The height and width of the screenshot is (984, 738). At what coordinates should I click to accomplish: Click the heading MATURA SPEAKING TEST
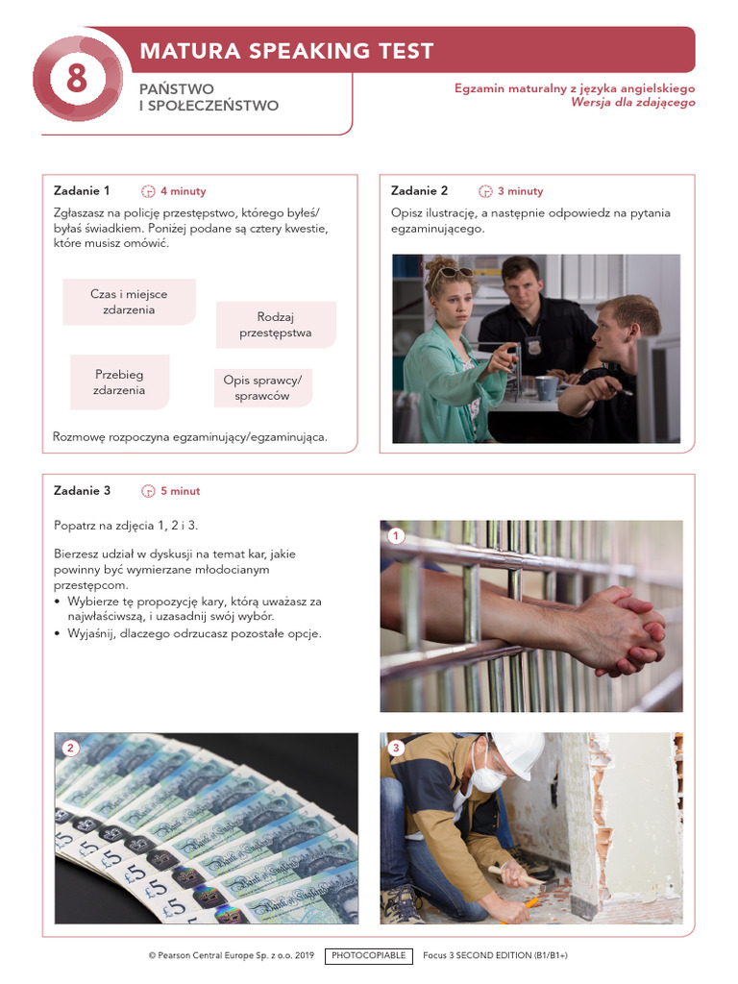(286, 51)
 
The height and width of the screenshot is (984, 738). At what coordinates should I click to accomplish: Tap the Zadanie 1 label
(82, 190)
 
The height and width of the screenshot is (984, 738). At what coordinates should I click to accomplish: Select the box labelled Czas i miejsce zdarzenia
(129, 302)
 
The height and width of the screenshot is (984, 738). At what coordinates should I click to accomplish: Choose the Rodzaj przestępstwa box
(276, 325)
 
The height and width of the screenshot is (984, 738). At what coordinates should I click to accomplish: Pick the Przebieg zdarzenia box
(120, 382)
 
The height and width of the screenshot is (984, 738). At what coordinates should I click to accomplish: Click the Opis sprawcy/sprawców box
(262, 387)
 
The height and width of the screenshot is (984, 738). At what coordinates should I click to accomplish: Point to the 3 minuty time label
(520, 191)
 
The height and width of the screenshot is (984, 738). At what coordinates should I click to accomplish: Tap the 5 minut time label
(181, 491)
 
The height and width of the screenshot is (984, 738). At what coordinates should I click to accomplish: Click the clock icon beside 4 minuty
(148, 191)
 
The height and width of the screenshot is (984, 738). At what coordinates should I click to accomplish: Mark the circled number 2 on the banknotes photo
(69, 747)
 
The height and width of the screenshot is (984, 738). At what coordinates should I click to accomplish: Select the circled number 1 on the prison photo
(394, 535)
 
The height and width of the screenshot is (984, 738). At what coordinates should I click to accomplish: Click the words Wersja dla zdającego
(632, 102)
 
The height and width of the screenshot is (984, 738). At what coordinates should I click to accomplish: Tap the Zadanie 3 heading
(82, 491)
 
